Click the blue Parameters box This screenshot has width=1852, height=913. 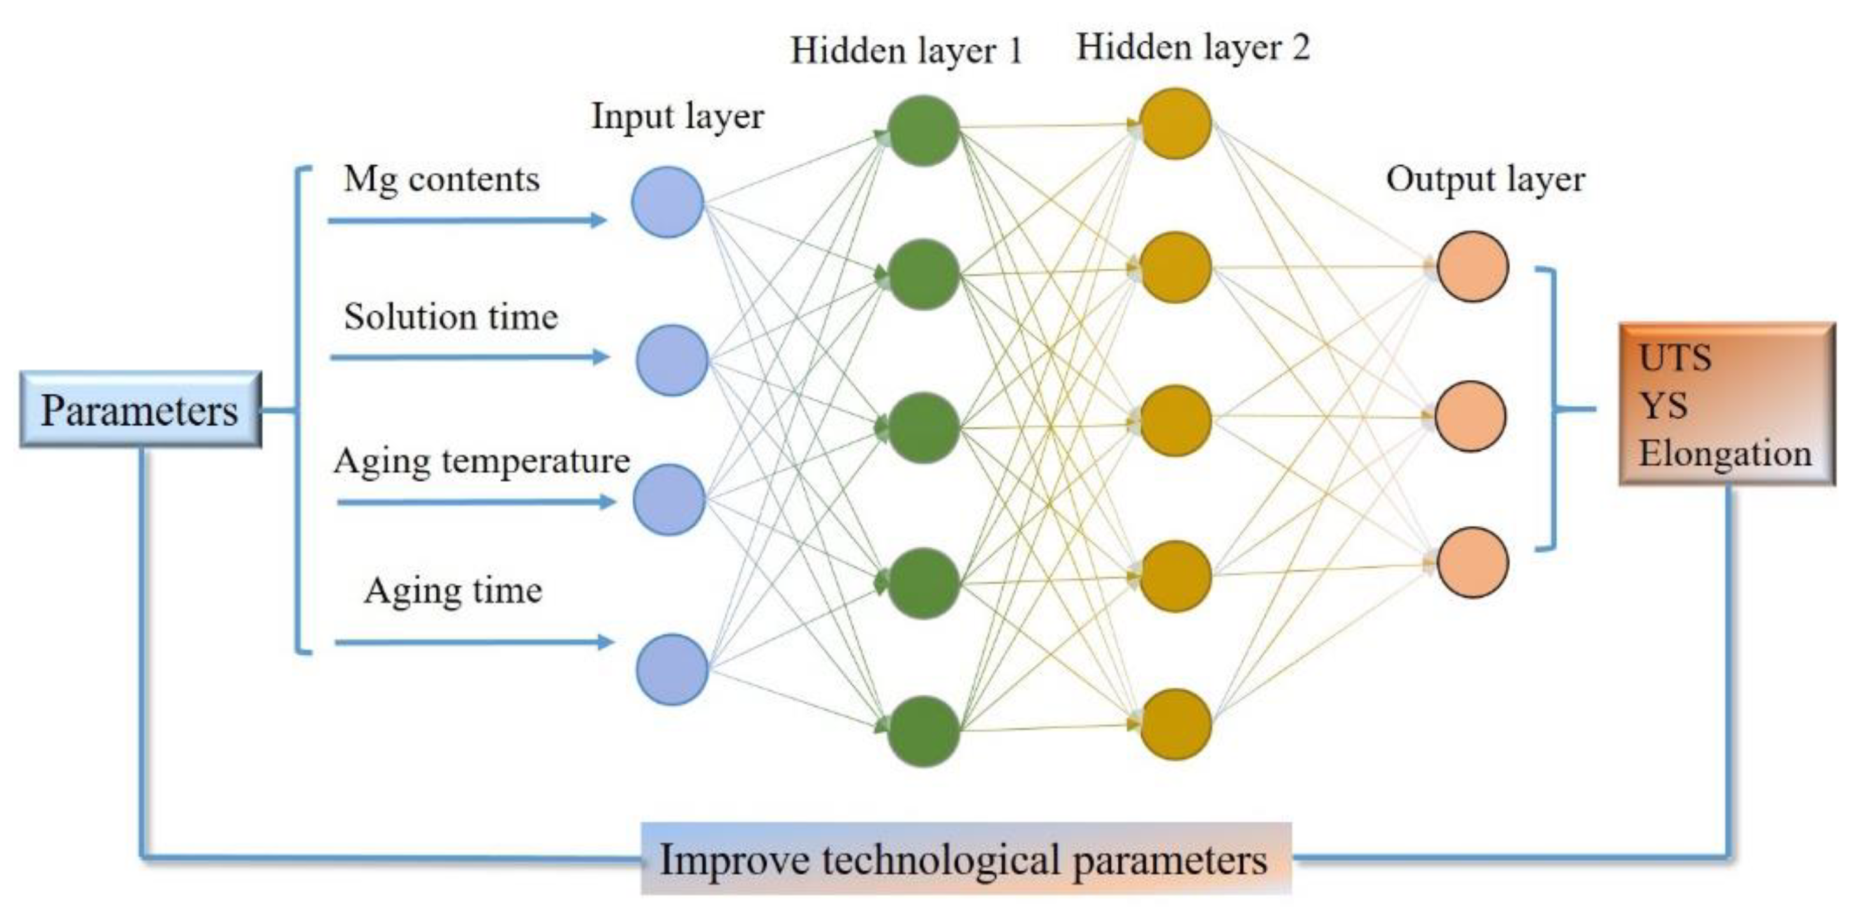pos(140,410)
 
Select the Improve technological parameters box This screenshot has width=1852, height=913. pos(965,859)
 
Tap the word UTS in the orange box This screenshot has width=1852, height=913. pos(1675,358)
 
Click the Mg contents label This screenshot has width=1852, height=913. pos(441,180)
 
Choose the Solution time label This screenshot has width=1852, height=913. pos(451,317)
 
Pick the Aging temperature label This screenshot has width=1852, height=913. pos(482,461)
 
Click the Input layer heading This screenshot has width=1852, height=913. pos(678,117)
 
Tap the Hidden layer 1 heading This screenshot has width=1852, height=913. pos(906,50)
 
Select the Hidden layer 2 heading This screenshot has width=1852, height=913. pos(1193,47)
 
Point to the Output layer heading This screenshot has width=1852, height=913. pos(1485,180)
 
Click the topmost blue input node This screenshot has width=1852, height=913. pos(667,203)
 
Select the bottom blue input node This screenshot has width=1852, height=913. pos(672,669)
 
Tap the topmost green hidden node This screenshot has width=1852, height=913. pos(923,130)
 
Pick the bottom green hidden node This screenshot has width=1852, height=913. pos(923,731)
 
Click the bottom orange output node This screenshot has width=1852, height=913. pos(1472,562)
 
